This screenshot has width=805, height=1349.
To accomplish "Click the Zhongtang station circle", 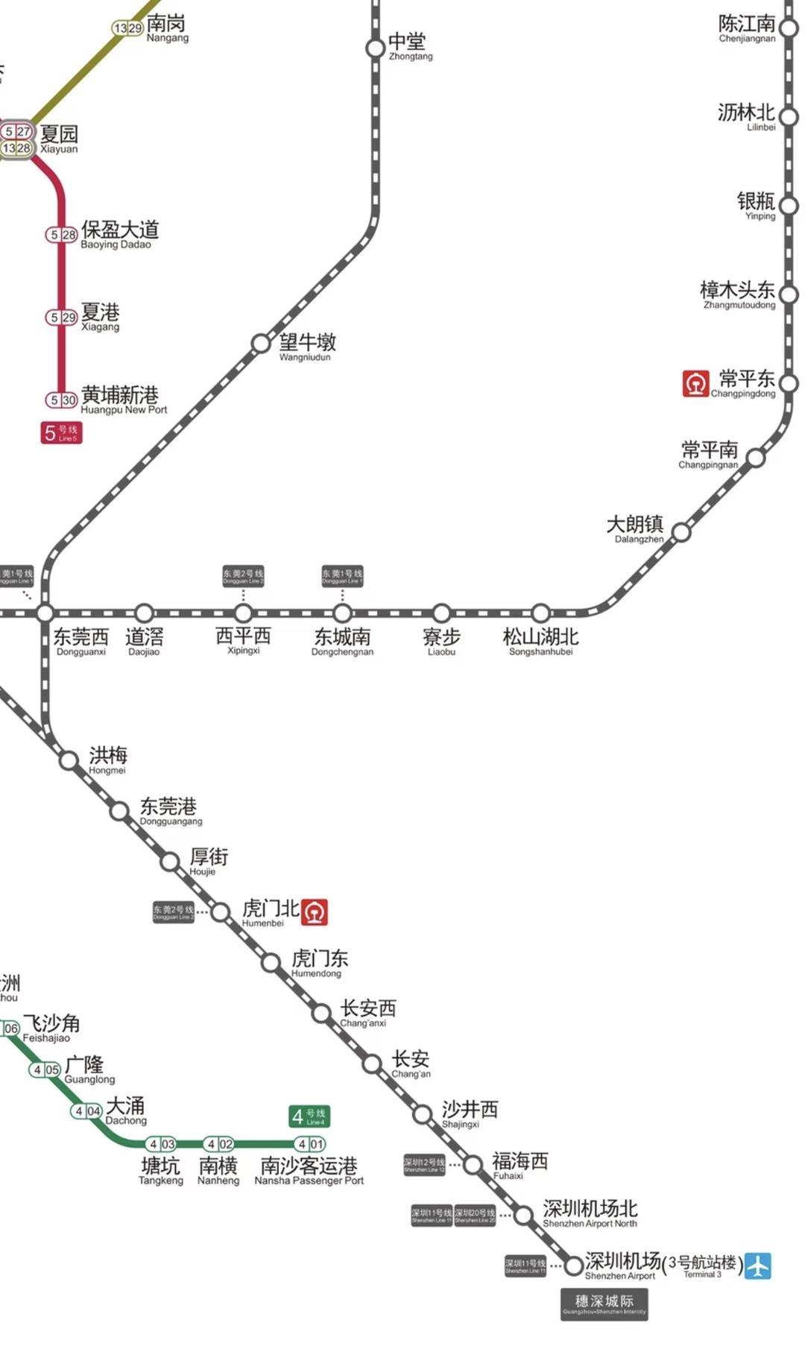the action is coord(375,48).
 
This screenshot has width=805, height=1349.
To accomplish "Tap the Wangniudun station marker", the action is coord(261,344).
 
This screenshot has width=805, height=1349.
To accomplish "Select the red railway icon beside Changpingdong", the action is coord(695,384).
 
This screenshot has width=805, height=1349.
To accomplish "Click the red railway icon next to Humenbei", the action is coord(315,912).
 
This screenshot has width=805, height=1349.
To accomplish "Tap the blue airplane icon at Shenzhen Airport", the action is coord(758,1266).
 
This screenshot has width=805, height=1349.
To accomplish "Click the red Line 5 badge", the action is coord(61,433).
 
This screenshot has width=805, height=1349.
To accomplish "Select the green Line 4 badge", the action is coord(309,1116).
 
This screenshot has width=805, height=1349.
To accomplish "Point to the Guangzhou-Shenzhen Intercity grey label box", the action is coord(604,1304).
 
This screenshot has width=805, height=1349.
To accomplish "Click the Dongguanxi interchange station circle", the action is coord(45,613).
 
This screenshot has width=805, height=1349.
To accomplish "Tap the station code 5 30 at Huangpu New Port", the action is coord(62,400).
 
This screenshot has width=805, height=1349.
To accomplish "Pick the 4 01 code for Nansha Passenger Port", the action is coord(309,1144).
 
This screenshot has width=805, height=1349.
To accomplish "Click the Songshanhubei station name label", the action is coord(540,641).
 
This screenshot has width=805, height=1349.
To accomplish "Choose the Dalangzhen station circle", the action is coord(681,533).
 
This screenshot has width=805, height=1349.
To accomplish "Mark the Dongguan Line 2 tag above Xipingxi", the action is coord(243,576).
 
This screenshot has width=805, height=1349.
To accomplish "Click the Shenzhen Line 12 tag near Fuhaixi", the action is coord(424,1165).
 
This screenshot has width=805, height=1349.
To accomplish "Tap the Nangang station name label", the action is coord(167,28).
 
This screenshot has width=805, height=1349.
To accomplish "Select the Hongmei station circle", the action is coord(69,761).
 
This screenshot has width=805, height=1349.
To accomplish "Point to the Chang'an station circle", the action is coord(372,1064).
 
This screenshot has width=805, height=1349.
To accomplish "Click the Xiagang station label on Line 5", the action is coord(101,316).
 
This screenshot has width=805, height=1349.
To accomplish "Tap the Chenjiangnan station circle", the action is coord(789,28).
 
